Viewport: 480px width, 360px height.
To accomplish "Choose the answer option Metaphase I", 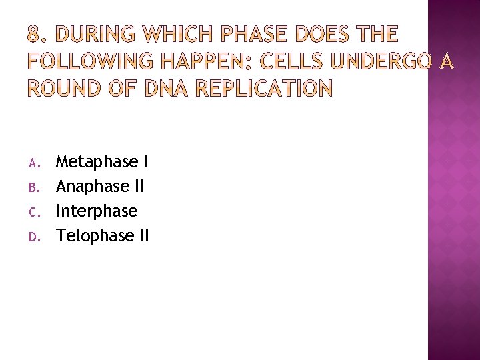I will point(102,161).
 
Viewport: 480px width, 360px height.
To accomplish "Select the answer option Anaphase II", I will point(100,186).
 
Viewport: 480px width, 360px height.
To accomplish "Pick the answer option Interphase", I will point(97,211).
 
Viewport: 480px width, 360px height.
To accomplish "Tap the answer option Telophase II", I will point(103,235).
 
